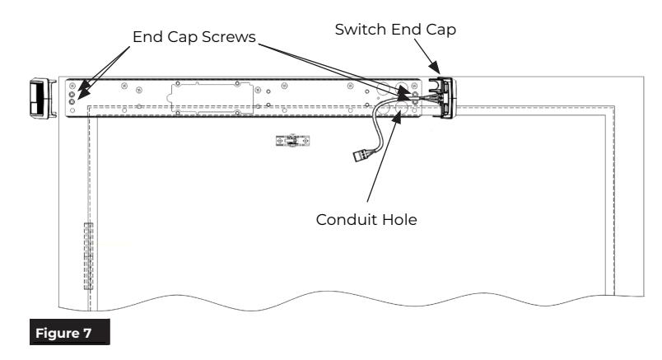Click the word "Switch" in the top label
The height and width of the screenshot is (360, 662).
(x=361, y=30)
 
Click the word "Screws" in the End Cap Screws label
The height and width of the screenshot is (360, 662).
(x=228, y=37)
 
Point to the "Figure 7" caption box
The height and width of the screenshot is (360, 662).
(x=70, y=333)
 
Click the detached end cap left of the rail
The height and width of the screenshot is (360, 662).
(x=43, y=98)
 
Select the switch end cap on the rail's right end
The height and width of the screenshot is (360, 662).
(x=443, y=97)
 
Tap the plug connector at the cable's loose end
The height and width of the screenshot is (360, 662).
(x=361, y=156)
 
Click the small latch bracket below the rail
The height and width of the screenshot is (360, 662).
(x=292, y=141)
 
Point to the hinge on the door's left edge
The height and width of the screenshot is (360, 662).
(x=88, y=255)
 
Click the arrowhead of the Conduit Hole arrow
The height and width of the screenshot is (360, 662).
(x=397, y=117)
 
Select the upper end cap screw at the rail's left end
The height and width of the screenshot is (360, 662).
(x=72, y=94)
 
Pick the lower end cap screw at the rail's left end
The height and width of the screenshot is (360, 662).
(x=72, y=102)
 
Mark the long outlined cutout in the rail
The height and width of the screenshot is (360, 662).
(x=210, y=98)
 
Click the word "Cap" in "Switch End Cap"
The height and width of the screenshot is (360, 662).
(x=441, y=30)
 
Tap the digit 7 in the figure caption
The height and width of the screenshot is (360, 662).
(x=87, y=333)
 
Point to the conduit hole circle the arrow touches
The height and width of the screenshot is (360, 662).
(x=400, y=108)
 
